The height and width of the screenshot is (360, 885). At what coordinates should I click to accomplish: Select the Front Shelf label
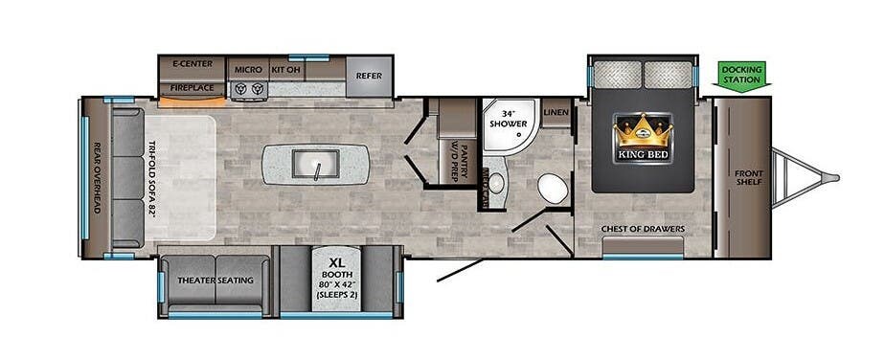coord(749,178)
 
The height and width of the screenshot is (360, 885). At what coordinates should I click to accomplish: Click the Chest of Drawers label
coord(643,229)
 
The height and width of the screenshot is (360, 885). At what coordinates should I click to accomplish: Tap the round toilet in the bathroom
coord(551,187)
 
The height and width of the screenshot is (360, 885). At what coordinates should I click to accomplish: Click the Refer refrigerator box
coord(369,76)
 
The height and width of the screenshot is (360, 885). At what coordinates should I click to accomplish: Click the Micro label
coord(248,69)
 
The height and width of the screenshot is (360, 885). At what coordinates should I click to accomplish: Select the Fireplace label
coord(192,87)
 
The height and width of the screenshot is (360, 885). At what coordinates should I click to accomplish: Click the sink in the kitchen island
coord(319,165)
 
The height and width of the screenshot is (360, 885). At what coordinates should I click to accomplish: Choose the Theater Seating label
coord(216,281)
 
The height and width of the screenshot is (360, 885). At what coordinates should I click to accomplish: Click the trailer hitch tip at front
coord(833,177)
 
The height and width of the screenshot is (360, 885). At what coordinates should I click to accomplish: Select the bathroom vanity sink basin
coord(495,182)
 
